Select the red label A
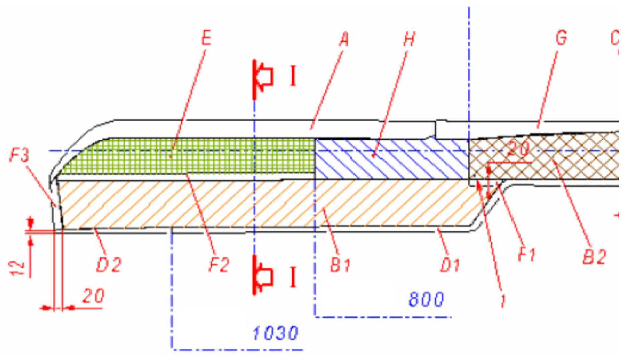(344, 39)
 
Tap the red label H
(409, 39)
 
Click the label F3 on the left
(19, 155)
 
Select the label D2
(109, 265)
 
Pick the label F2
(219, 265)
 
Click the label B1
(340, 265)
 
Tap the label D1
(450, 266)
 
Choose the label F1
(527, 255)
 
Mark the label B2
(595, 257)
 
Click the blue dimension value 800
(426, 299)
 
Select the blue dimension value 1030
(275, 333)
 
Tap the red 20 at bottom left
(93, 296)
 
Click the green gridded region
(187, 156)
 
